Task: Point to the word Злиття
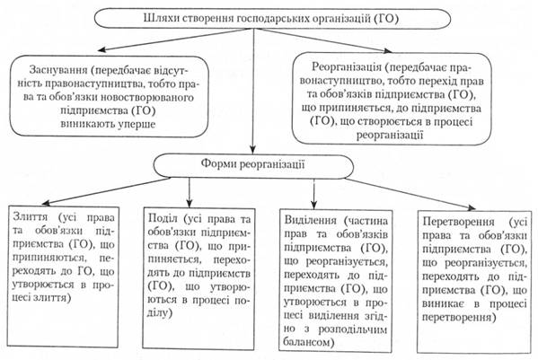[x=31, y=217]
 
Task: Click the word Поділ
[x=163, y=218]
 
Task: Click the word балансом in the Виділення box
[x=309, y=342]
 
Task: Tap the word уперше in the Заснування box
[x=137, y=124]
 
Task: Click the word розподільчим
[x=353, y=329]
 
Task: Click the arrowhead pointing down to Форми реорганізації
[x=253, y=149]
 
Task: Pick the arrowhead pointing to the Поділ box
[x=190, y=203]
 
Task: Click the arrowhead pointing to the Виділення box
[x=314, y=205]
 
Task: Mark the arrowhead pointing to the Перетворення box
[x=472, y=206]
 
